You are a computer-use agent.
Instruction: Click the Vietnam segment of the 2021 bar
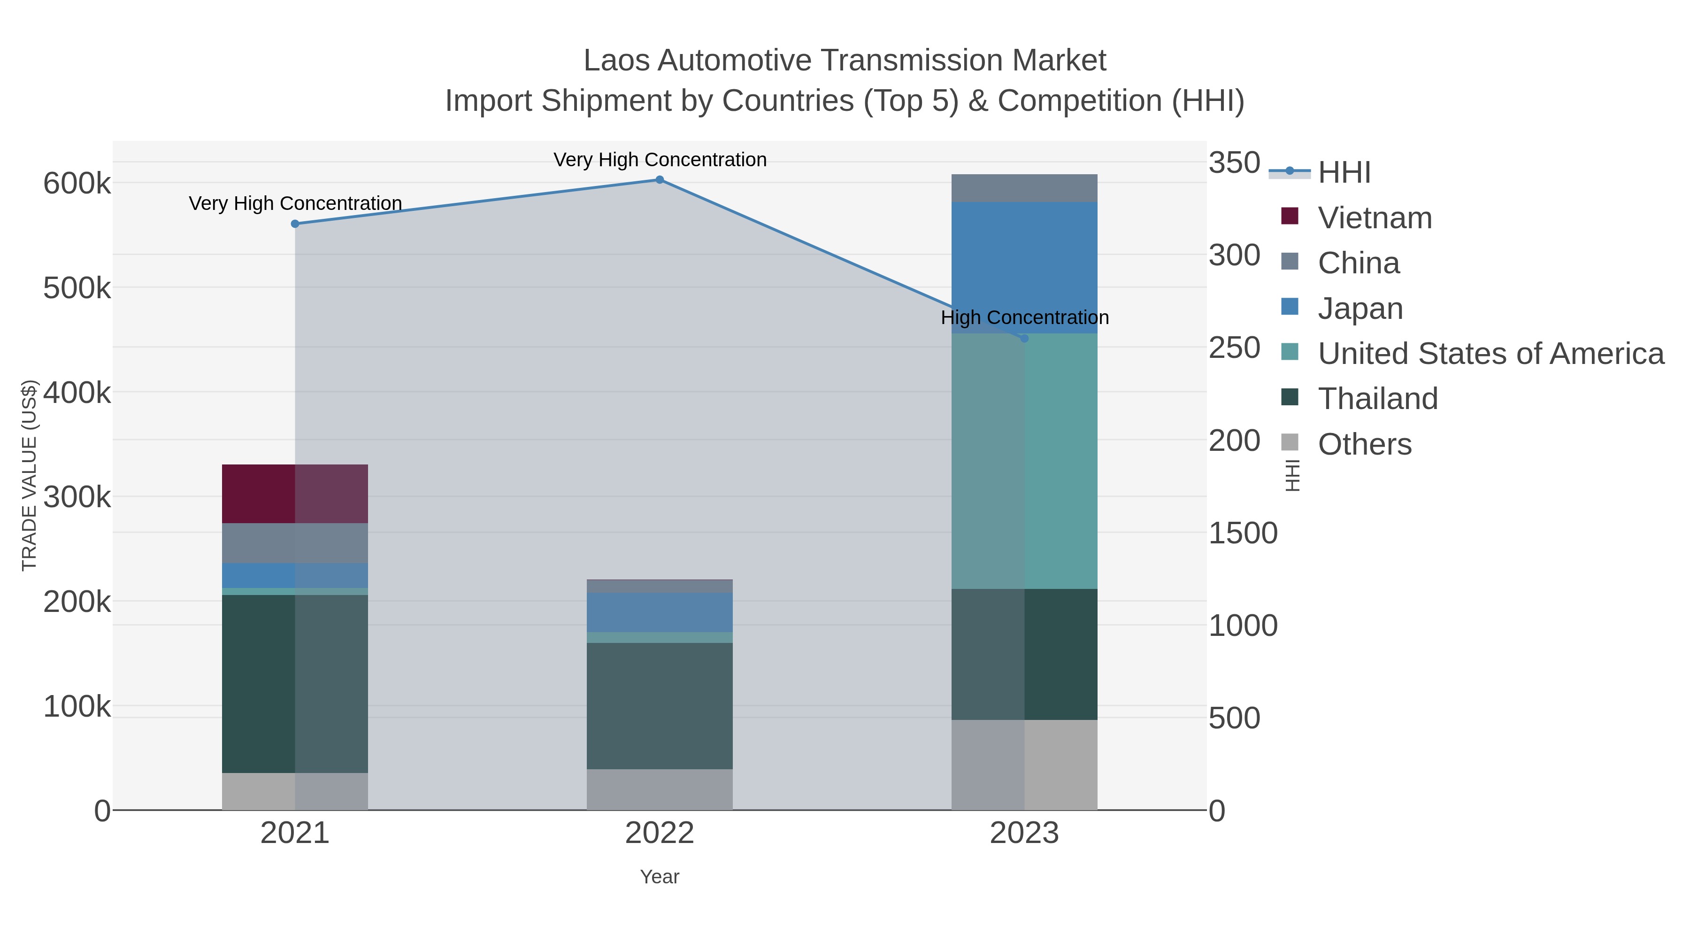point(294,494)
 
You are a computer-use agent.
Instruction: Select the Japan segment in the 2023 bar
point(1024,267)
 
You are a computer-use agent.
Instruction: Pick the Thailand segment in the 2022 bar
point(660,705)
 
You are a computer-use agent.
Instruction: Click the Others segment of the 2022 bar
point(660,789)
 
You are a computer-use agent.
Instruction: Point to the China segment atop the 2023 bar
point(1024,188)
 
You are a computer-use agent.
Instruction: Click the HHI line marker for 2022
point(660,180)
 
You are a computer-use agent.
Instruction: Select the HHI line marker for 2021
point(294,224)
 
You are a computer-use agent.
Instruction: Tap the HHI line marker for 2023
point(1024,339)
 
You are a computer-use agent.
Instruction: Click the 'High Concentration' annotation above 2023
point(1024,317)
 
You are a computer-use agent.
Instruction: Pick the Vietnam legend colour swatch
point(1289,216)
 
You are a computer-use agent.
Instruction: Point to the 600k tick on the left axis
point(77,184)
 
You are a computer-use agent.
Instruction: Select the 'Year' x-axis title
point(660,877)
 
